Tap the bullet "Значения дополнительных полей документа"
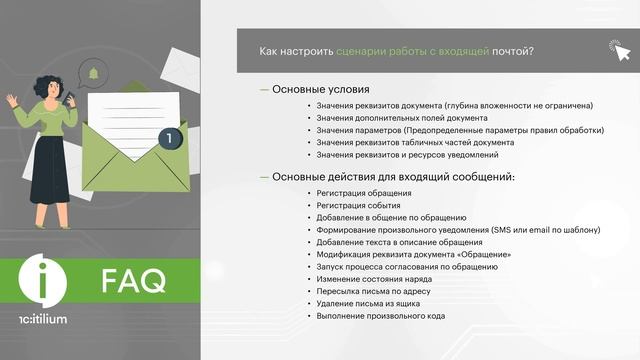pos(402,118)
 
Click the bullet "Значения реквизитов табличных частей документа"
pos(415,142)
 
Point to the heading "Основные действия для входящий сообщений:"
pos(393,176)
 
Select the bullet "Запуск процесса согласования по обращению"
pos(403,267)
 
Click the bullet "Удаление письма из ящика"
pos(369,304)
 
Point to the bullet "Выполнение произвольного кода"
pos(380,316)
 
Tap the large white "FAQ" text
pos(133,283)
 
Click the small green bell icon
pos(93,73)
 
